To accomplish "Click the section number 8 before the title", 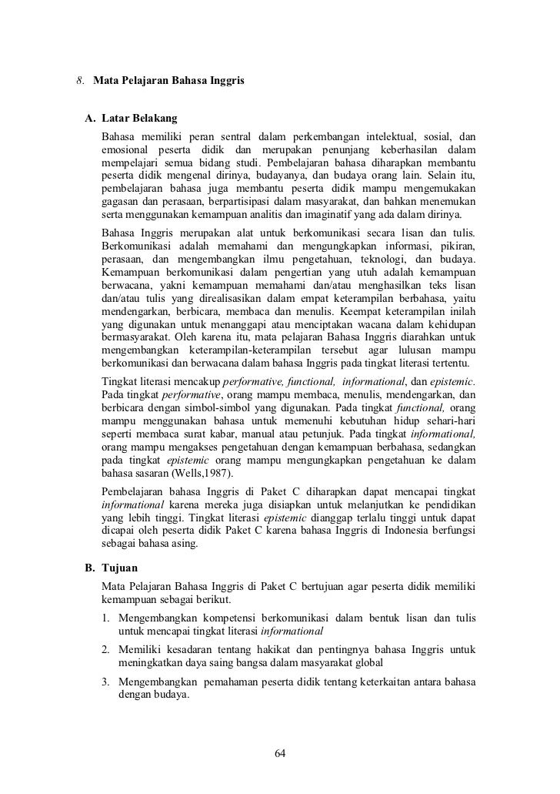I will (79, 80).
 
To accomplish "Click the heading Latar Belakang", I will (139, 119).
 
